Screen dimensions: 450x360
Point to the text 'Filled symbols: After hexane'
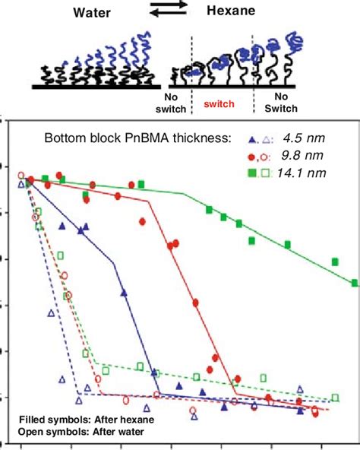point(74,417)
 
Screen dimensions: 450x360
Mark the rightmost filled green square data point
point(355,284)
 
